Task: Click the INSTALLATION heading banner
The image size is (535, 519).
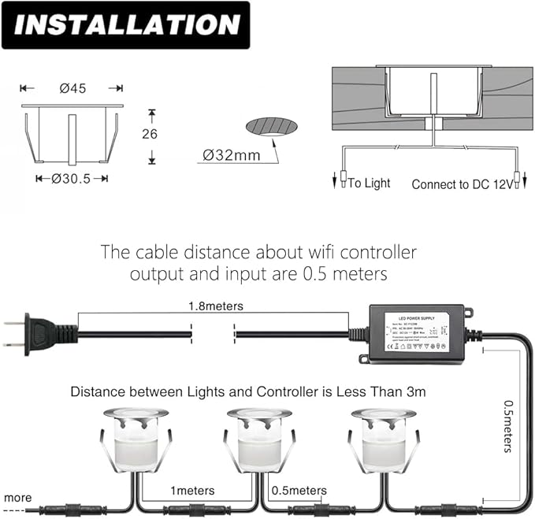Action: pyautogui.click(x=126, y=26)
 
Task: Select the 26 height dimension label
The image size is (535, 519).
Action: pyautogui.click(x=150, y=134)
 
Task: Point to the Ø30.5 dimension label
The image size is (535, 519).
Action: pyautogui.click(x=72, y=179)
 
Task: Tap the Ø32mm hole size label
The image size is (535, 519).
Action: pyautogui.click(x=231, y=154)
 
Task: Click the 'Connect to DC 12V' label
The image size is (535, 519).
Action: pyautogui.click(x=462, y=184)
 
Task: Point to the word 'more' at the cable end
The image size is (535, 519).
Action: pyautogui.click(x=17, y=498)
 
